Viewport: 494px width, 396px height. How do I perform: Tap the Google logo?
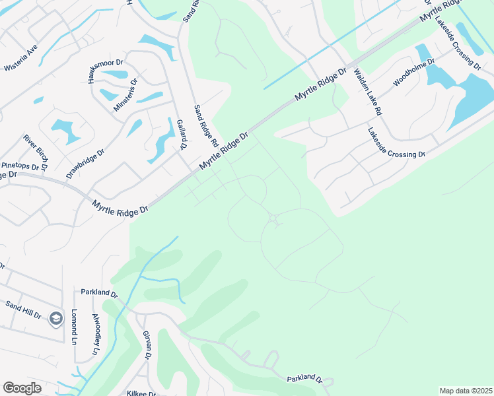coord(22,387)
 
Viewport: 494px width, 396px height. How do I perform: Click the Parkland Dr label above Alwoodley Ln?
coord(99,292)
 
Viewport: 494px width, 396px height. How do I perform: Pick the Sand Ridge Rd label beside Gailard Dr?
coord(205,125)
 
